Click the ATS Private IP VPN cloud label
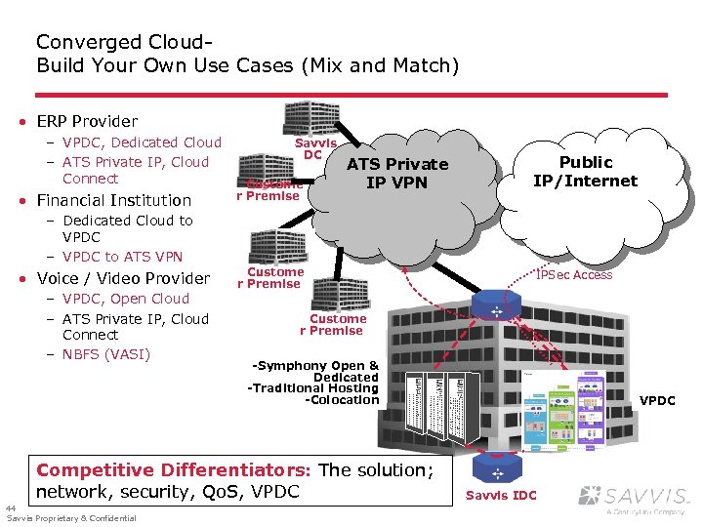tap(397, 173)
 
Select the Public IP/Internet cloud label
tap(585, 171)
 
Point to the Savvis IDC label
tap(501, 495)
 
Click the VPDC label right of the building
tap(657, 400)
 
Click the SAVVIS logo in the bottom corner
tap(634, 497)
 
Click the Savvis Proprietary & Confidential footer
tap(71, 518)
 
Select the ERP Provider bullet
tap(87, 121)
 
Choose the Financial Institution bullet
tap(113, 200)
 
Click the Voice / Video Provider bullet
tap(123, 278)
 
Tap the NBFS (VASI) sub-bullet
tap(105, 353)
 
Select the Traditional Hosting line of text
tap(313, 388)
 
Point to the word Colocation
tap(343, 400)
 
